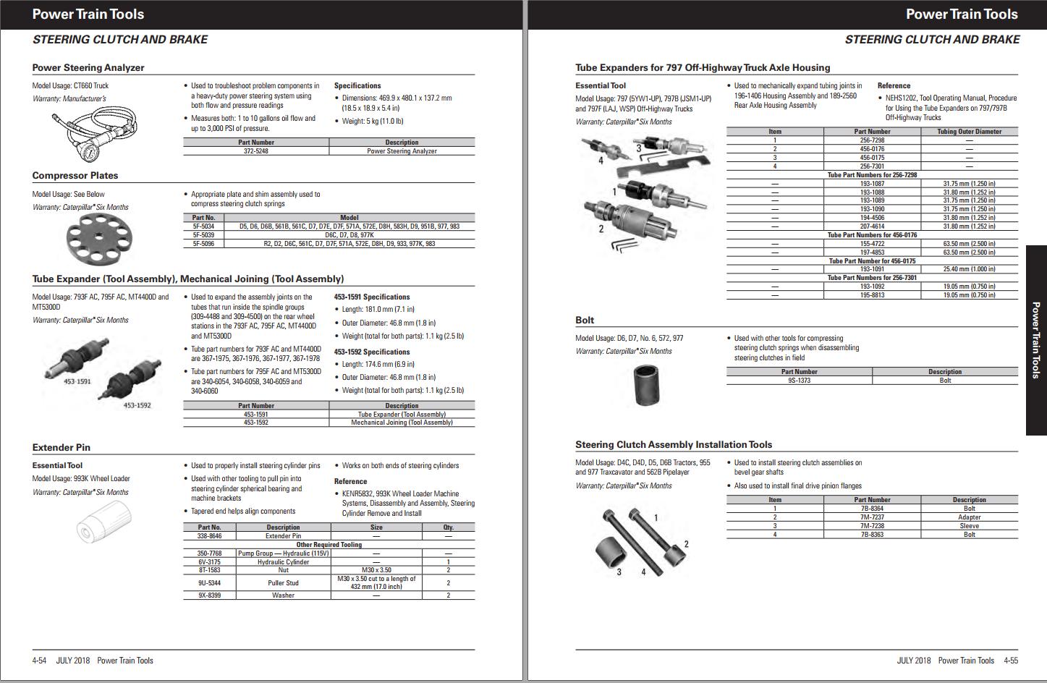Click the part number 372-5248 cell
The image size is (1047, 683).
tap(256, 151)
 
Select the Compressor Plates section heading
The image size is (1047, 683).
tap(75, 176)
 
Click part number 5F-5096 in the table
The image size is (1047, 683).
tap(203, 244)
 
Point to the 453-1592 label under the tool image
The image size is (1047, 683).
tap(137, 405)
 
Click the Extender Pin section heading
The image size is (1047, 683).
tap(61, 448)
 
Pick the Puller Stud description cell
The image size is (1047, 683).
tap(283, 582)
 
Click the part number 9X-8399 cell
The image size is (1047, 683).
tap(209, 595)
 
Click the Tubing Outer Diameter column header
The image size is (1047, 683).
tap(969, 132)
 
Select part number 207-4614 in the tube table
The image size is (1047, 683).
tap(872, 226)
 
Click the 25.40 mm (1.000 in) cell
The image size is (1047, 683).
tap(969, 269)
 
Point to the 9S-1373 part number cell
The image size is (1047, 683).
tap(799, 381)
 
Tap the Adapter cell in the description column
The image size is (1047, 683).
tap(969, 517)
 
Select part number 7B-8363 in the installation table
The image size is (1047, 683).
tap(872, 535)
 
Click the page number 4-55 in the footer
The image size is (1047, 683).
tap(1011, 661)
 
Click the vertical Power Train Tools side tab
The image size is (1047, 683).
tap(1036, 340)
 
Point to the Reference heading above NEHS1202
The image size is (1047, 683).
tap(894, 86)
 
